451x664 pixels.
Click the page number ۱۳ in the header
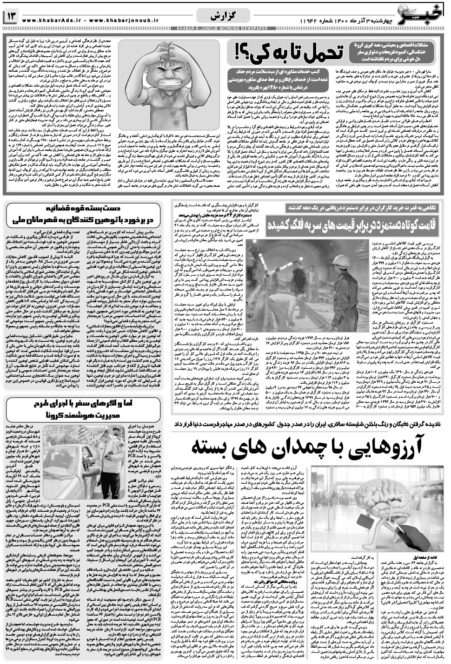(x=11, y=18)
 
